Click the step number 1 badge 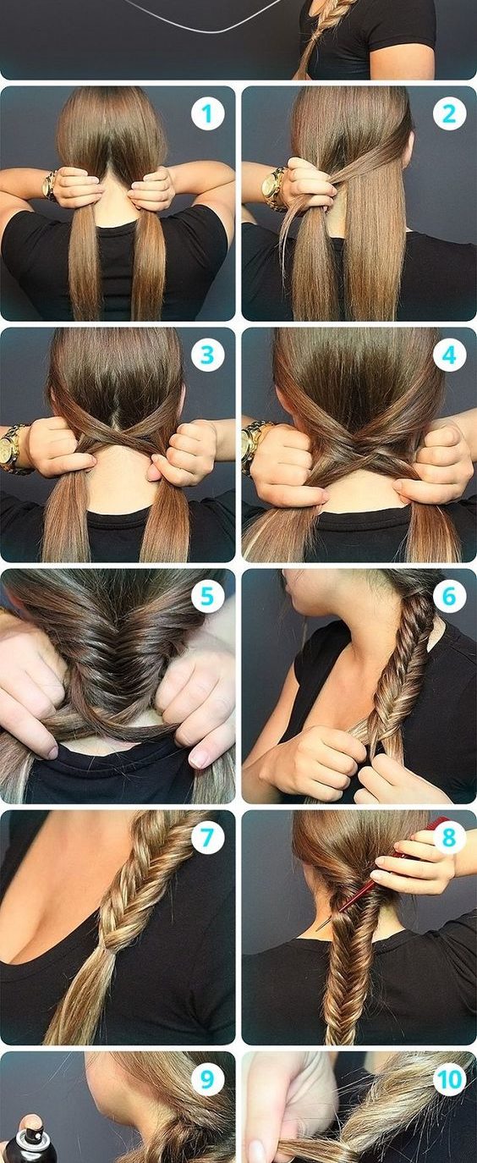[x=207, y=113]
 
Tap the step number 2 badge [x=449, y=113]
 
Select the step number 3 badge [x=207, y=355]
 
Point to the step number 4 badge [x=449, y=355]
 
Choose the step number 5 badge [x=207, y=596]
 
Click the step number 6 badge [x=449, y=596]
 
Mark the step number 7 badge [x=207, y=837]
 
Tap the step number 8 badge [x=449, y=837]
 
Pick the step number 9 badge [x=207, y=1079]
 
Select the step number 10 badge [x=449, y=1079]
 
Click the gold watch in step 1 [x=50, y=185]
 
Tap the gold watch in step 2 [x=273, y=188]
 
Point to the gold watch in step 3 [x=14, y=449]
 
